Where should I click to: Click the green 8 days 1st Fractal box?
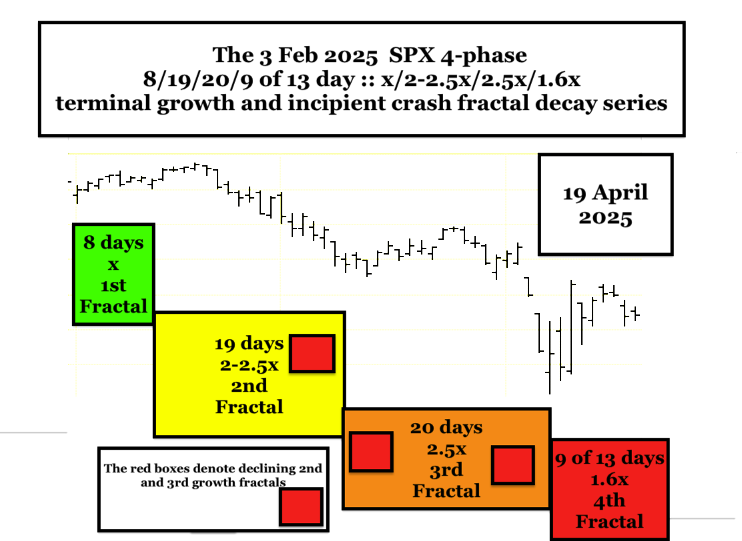click(x=113, y=274)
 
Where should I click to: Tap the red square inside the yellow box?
click(x=312, y=353)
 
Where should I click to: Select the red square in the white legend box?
click(x=301, y=506)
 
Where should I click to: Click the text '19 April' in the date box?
click(x=605, y=193)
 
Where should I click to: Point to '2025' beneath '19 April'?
click(x=605, y=219)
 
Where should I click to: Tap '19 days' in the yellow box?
click(x=249, y=344)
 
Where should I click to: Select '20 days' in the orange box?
click(x=446, y=428)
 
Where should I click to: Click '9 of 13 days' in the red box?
click(x=609, y=458)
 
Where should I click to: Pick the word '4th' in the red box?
click(x=609, y=501)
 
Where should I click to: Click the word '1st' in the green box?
click(x=113, y=285)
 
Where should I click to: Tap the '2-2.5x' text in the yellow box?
click(x=249, y=365)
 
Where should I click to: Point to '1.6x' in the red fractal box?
click(x=609, y=480)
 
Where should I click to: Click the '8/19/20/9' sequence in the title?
click(x=199, y=79)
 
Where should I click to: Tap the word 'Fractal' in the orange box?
click(x=446, y=491)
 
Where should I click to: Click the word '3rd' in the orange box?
click(x=446, y=470)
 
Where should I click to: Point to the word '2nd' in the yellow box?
click(x=249, y=386)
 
